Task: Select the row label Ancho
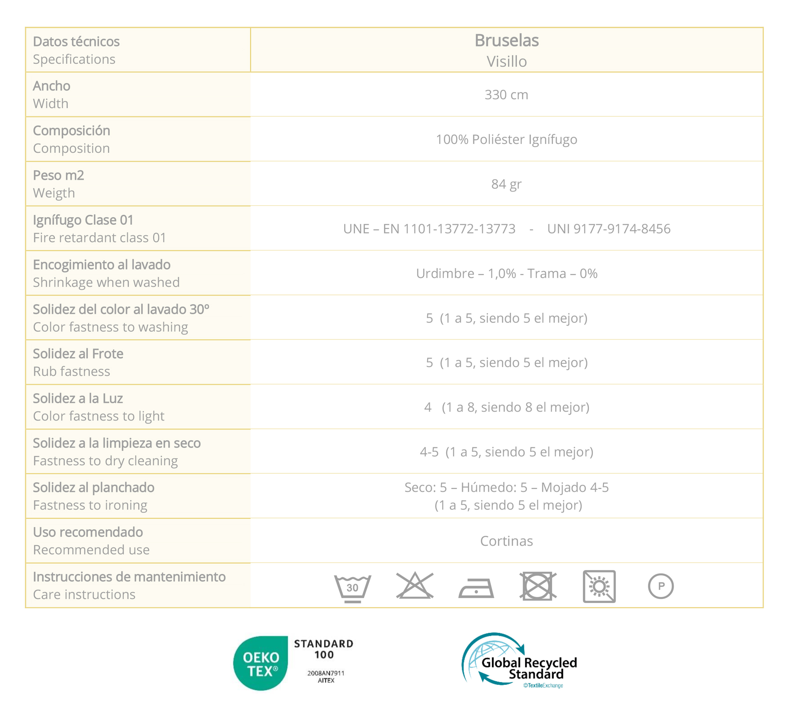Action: [52, 86]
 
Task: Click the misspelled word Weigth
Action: [54, 193]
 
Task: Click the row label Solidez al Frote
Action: [78, 354]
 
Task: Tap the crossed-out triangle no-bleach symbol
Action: [415, 586]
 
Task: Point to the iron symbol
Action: [476, 588]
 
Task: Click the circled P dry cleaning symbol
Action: [661, 586]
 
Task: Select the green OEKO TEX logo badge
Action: [261, 663]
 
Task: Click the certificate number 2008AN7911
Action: [326, 673]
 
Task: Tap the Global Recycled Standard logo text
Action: [529, 668]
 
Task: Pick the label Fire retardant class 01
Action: [99, 238]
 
